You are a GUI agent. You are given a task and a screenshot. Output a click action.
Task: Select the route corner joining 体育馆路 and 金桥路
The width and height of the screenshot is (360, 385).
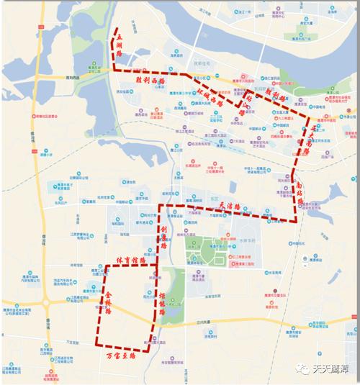[107, 266]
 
